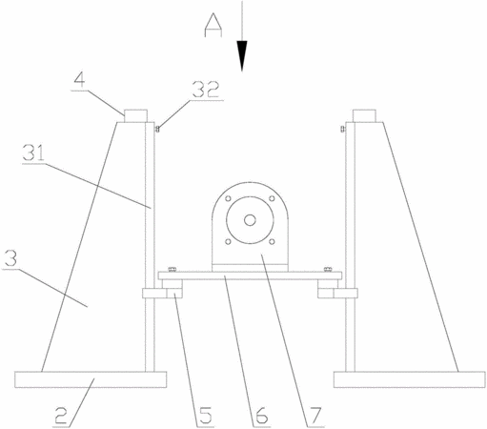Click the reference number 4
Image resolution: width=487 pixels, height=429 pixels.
pos(80,79)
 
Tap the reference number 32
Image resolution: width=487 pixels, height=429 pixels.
pos(206,90)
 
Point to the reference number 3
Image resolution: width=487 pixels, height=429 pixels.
pos(10,258)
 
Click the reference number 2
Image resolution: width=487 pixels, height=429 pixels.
pos(61,416)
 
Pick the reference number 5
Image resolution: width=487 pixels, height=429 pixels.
pos(205,416)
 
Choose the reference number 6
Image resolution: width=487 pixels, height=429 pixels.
pos(261,416)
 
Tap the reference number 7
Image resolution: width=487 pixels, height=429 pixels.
pos(315,416)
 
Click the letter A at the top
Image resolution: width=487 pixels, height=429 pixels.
pos(213,25)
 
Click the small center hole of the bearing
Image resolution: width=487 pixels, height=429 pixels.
pos(250,220)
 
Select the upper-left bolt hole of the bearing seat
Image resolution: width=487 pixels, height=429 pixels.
pos(228,198)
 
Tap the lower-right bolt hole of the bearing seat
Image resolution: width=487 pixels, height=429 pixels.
pos(272,242)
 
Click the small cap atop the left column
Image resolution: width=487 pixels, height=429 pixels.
pos(135,115)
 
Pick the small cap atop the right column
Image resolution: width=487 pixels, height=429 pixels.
pos(364,115)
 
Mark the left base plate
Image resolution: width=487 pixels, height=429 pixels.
pos(91,379)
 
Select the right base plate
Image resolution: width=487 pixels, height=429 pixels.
pos(410,379)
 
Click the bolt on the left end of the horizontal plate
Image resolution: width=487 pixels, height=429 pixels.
pos(172,270)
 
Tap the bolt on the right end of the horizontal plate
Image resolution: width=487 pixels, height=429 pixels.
pos(328,270)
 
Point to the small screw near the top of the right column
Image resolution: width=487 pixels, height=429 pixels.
pos(342,129)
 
